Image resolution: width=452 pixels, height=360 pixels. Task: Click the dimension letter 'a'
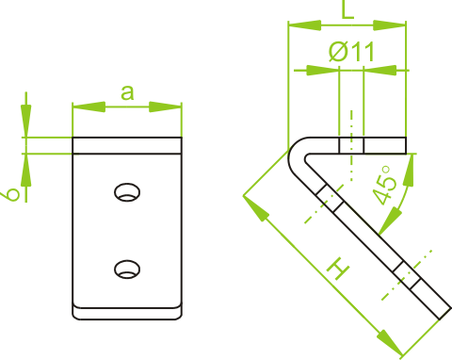coord(127,93)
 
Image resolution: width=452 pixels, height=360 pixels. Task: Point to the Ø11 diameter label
coord(351,51)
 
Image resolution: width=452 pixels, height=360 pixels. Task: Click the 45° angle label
coord(385,186)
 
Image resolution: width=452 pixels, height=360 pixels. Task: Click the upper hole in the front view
coord(127,192)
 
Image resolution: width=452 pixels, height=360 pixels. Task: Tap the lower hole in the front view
coord(127,270)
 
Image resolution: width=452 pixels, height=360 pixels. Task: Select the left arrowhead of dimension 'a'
coord(89,106)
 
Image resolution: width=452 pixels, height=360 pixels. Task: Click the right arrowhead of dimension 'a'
coord(165,106)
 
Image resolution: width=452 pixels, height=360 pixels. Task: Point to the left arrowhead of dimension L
coord(305,25)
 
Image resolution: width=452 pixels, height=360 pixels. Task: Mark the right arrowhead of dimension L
coord(390,25)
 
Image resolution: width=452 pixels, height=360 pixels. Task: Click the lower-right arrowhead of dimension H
coord(389,342)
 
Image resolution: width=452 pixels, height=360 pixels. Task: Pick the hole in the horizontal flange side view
coord(351,145)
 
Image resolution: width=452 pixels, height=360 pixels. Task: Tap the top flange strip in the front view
coord(127,145)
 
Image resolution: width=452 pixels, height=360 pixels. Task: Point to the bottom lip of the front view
coord(127,313)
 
